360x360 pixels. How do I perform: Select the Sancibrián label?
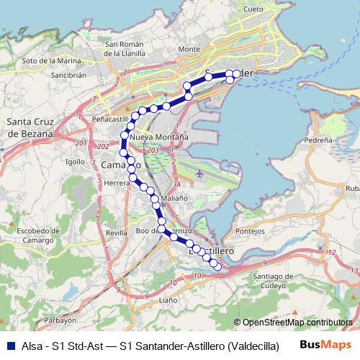[68, 74]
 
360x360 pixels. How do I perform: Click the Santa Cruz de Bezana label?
[29, 127]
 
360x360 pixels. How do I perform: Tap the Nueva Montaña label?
[160, 136]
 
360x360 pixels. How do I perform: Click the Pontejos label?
[251, 231]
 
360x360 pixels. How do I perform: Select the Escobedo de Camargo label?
[30, 235]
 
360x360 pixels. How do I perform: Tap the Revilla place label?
[115, 233]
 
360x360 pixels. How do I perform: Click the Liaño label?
[167, 299]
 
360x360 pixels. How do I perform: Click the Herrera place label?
[116, 184]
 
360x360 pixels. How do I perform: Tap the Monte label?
[188, 49]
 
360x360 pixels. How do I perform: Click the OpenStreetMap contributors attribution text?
[297, 323]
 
